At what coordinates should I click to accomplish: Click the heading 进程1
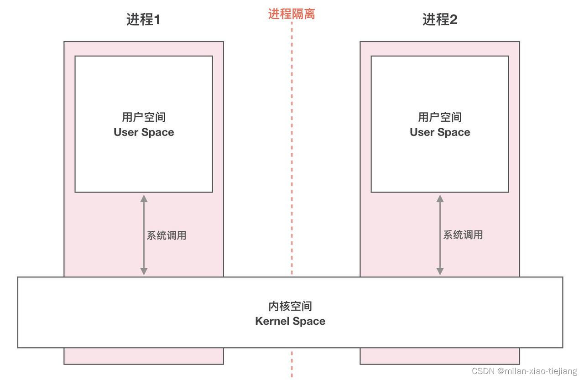click(x=143, y=20)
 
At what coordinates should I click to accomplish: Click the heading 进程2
click(x=440, y=20)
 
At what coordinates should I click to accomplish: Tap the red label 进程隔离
click(x=292, y=14)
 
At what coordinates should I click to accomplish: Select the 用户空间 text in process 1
click(x=144, y=117)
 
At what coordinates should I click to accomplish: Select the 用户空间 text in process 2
click(x=440, y=117)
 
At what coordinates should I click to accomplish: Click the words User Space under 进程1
click(x=144, y=132)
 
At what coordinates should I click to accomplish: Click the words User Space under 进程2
click(x=440, y=132)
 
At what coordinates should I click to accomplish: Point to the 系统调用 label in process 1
click(x=166, y=235)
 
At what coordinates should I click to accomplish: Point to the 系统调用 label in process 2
click(x=463, y=235)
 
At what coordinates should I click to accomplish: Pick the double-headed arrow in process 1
click(x=144, y=235)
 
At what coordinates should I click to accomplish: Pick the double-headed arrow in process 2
click(x=440, y=235)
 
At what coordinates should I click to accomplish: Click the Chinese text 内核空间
click(x=290, y=306)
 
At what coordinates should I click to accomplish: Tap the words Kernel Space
click(x=290, y=321)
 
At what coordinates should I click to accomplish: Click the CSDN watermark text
click(x=524, y=371)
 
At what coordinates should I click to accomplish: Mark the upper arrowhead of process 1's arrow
click(x=144, y=198)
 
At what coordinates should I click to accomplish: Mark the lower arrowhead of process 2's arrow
click(x=440, y=271)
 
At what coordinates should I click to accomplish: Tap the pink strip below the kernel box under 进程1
click(x=144, y=356)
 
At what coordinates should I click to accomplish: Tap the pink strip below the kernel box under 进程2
click(x=440, y=356)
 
